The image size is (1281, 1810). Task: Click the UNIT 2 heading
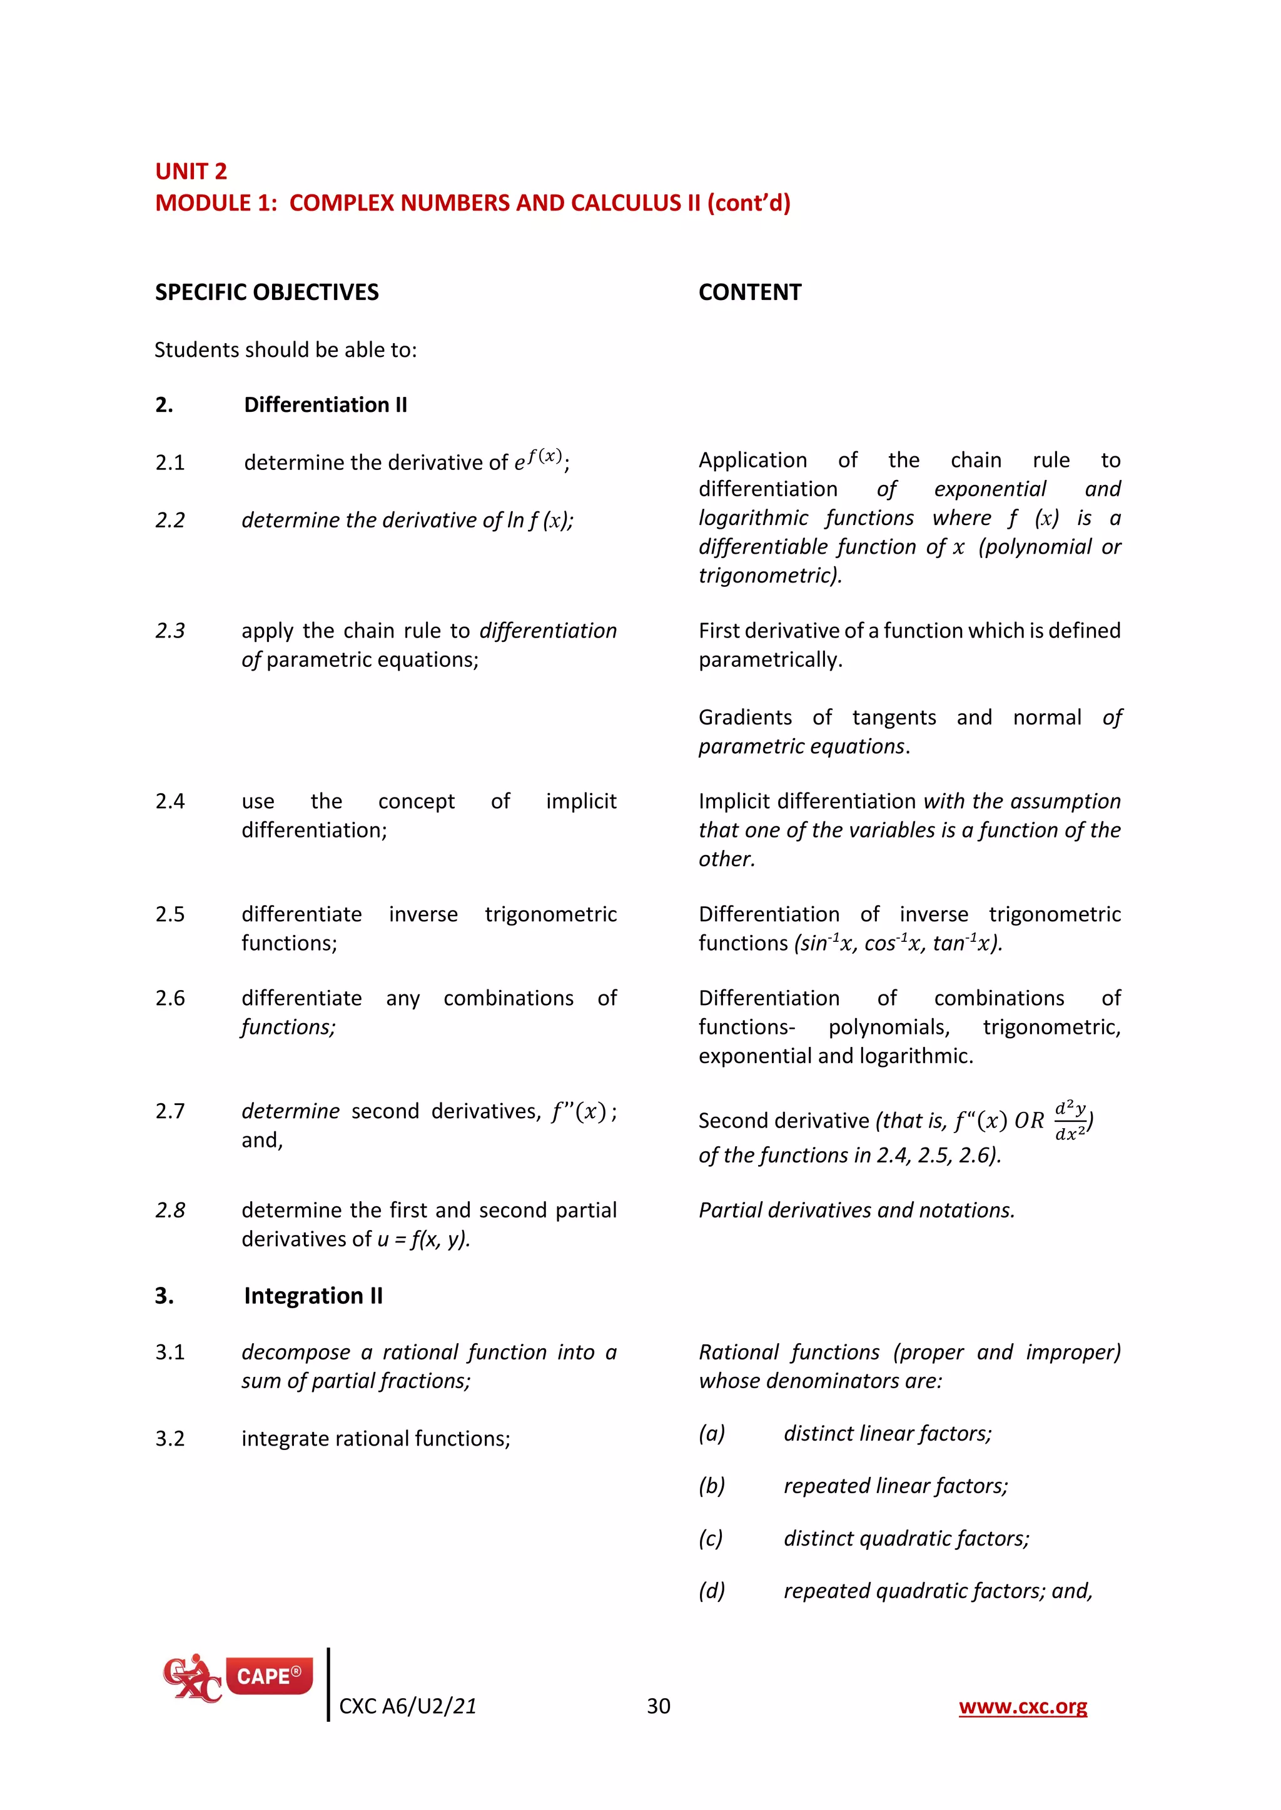[191, 171]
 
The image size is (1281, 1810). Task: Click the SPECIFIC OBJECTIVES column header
[266, 292]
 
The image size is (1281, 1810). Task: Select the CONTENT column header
[749, 292]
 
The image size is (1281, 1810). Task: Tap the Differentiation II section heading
[325, 404]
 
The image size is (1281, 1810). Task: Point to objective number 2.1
[170, 462]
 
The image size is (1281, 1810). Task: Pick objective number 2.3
[170, 631]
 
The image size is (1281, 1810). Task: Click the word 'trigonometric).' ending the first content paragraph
[770, 576]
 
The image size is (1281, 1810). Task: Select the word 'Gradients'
[744, 717]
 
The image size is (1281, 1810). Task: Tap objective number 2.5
[170, 914]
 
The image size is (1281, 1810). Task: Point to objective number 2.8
[170, 1210]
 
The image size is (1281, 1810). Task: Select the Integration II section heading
[313, 1296]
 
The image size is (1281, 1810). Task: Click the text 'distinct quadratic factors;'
[906, 1538]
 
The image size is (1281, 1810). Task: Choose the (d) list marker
[711, 1591]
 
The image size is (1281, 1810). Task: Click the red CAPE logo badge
[269, 1676]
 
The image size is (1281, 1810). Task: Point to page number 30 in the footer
[659, 1706]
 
